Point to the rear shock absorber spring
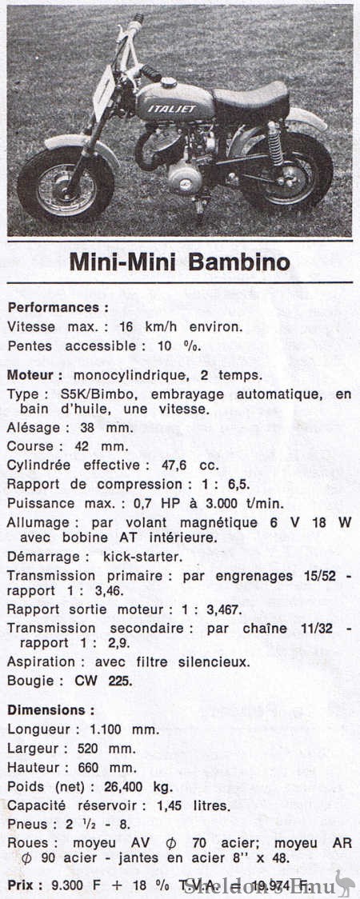tap(276, 143)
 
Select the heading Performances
tap(58, 307)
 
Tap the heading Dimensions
tap(50, 709)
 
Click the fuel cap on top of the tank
tap(168, 82)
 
